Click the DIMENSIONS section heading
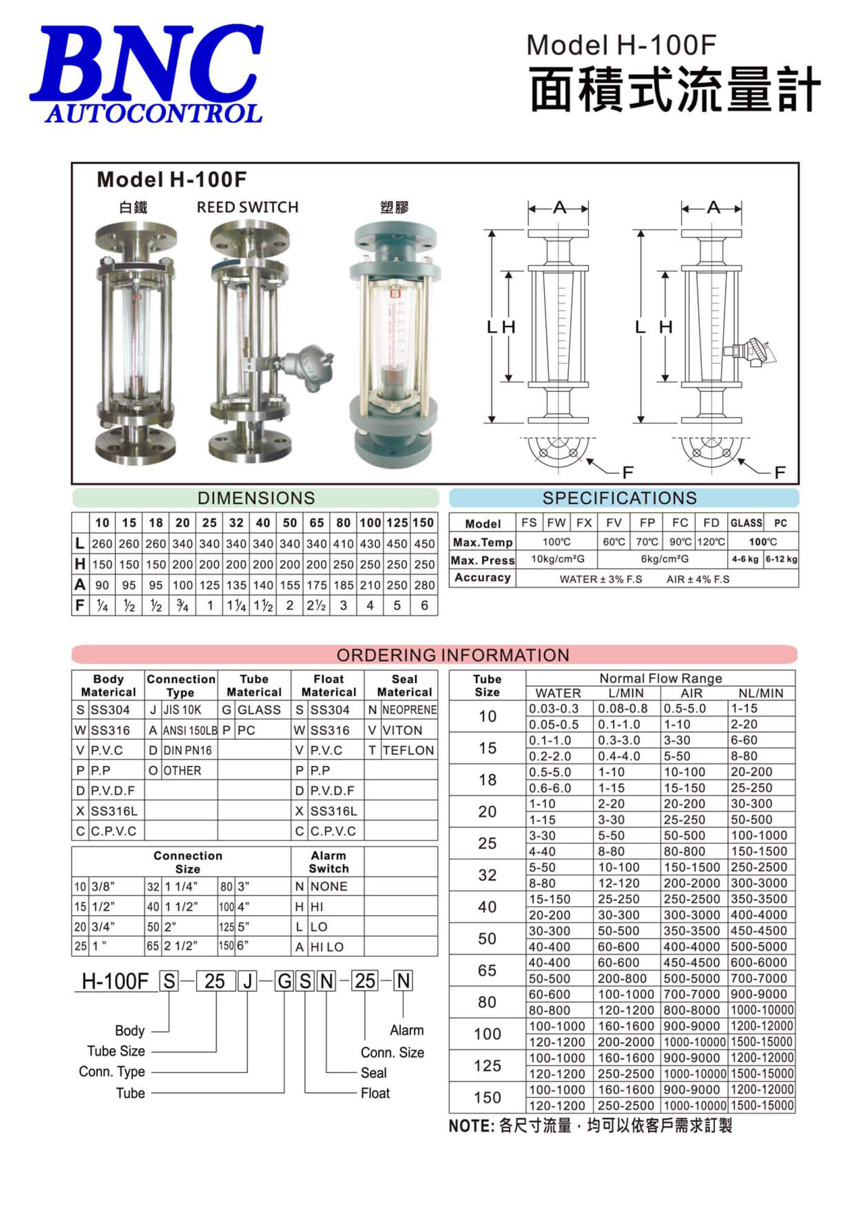pyautogui.click(x=256, y=497)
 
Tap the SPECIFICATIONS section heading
pyautogui.click(x=619, y=497)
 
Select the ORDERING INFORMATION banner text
pyautogui.click(x=453, y=655)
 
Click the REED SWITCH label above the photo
pyautogui.click(x=247, y=207)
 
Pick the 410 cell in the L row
pyautogui.click(x=343, y=543)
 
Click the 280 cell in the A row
pyautogui.click(x=424, y=585)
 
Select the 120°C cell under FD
pyautogui.click(x=711, y=542)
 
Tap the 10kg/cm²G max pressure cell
pyautogui.click(x=557, y=560)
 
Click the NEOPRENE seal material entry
pyautogui.click(x=409, y=710)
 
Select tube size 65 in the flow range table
pyautogui.click(x=487, y=970)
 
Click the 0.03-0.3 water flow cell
pyautogui.click(x=553, y=708)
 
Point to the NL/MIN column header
pyautogui.click(x=761, y=693)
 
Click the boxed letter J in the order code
pyautogui.click(x=247, y=981)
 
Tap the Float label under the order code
pyautogui.click(x=375, y=1093)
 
